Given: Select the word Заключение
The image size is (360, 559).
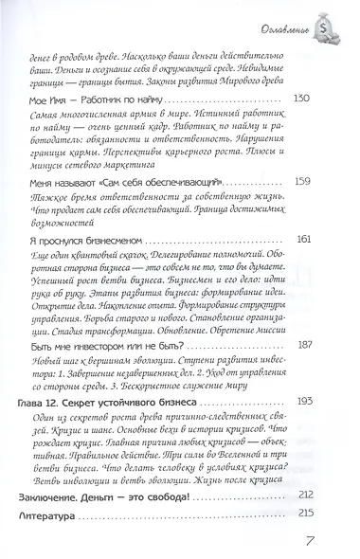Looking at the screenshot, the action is pyautogui.click(x=65, y=496).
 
